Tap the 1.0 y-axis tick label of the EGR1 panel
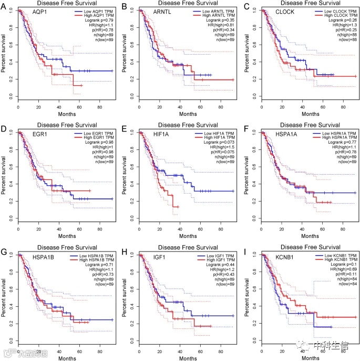12,132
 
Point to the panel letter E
127,128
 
